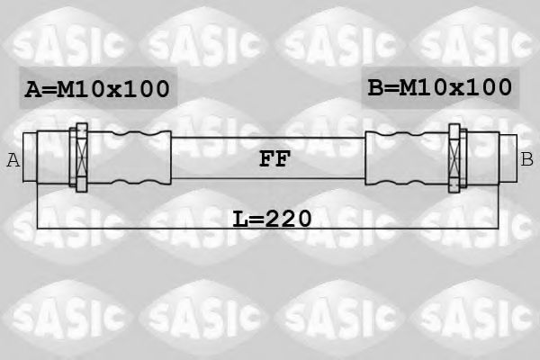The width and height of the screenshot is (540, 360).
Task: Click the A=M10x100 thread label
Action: tap(97, 89)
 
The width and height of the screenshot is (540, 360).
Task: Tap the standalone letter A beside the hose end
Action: tap(13, 160)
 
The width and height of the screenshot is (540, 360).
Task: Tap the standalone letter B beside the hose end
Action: tap(526, 160)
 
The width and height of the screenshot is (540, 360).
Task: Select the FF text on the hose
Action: tap(274, 160)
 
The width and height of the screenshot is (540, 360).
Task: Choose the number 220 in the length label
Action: tap(287, 218)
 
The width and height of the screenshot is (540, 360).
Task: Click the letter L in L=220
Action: tap(238, 218)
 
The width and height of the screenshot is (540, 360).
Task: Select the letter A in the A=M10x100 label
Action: tap(32, 89)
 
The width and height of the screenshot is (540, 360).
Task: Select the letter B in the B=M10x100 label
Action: tap(375, 87)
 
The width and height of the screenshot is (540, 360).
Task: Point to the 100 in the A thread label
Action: tap(146, 89)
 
